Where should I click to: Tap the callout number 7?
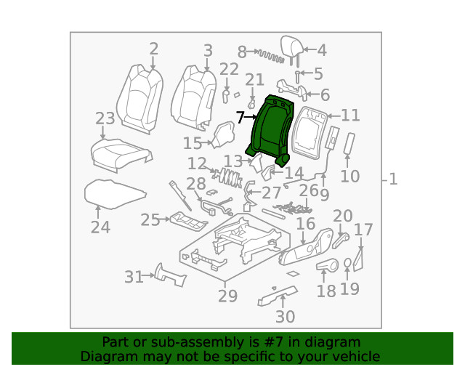point(240,117)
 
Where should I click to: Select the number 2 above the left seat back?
point(153,49)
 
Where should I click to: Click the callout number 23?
point(105,119)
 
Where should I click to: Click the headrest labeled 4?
point(294,50)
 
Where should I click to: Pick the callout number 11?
point(351,115)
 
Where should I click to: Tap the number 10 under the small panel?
point(349,176)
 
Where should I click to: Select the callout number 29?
point(227,296)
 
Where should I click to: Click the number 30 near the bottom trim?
point(286,317)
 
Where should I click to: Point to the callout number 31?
point(134,277)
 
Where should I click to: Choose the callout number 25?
point(150,219)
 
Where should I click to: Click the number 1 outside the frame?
point(393,179)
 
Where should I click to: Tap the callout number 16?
point(305,224)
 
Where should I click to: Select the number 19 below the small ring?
point(349,288)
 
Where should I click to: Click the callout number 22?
point(229,69)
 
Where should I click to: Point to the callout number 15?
point(193,143)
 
